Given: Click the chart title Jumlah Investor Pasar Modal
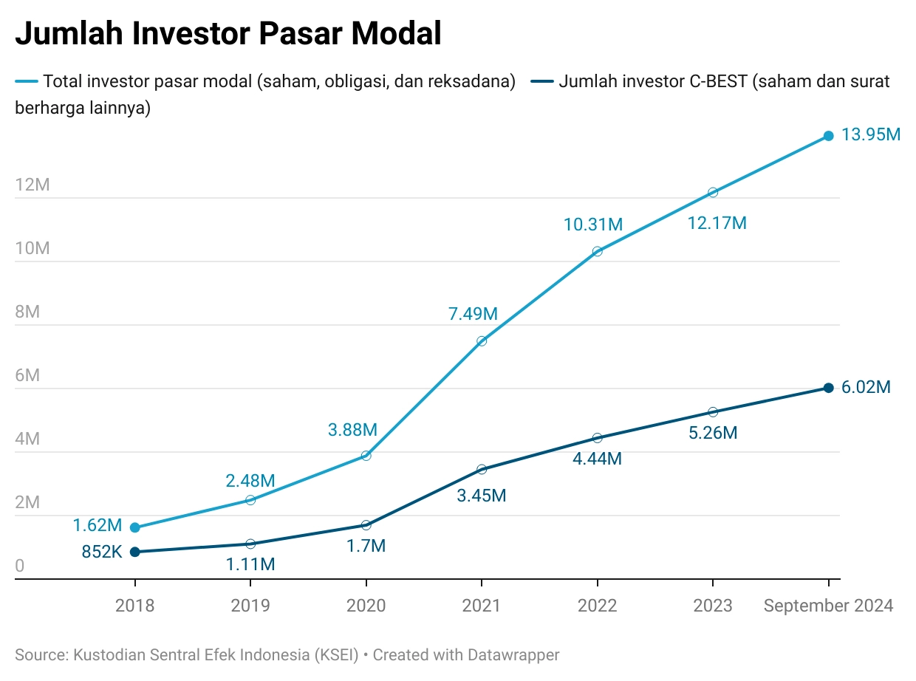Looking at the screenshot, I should (228, 35).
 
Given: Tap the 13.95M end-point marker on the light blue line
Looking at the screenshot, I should (828, 136).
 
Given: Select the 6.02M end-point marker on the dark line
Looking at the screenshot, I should (828, 388).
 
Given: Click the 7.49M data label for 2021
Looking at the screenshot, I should (473, 314).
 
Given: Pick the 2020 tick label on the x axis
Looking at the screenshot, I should (366, 606).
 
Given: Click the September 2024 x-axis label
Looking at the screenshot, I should (828, 606).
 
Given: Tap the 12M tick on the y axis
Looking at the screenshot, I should (33, 185).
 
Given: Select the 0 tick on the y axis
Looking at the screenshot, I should (20, 567).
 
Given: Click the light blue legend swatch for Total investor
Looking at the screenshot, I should (27, 81).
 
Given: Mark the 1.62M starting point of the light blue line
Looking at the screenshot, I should (134, 527).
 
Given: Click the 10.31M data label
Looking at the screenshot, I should (592, 225).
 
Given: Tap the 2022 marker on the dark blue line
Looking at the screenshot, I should (597, 438).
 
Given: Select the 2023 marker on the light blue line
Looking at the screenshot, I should (713, 192).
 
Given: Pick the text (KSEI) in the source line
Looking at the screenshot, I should (336, 655).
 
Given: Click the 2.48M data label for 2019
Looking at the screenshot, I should (250, 482).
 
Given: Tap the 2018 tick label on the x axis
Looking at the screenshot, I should (134, 606).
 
